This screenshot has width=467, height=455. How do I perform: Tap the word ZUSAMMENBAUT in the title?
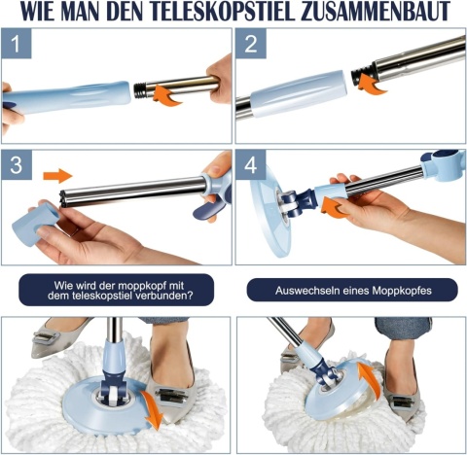coord(375,11)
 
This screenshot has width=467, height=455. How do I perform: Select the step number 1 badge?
coord(16,43)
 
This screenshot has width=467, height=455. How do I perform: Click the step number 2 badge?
coord(251,43)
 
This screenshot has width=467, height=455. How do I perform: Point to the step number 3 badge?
coord(16,164)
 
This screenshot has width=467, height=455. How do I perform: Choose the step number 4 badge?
coord(251,164)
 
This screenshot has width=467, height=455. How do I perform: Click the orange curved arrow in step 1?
coord(166,95)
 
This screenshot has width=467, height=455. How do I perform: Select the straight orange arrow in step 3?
coord(57,176)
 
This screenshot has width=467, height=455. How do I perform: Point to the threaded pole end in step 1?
coord(140,90)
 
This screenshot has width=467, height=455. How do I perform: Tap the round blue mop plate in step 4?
coord(270,210)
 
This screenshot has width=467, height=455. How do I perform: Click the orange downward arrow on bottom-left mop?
coord(153,409)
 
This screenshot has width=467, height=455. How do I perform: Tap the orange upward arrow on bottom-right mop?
coord(368,378)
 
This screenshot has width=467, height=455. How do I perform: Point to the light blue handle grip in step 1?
coord(66,97)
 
